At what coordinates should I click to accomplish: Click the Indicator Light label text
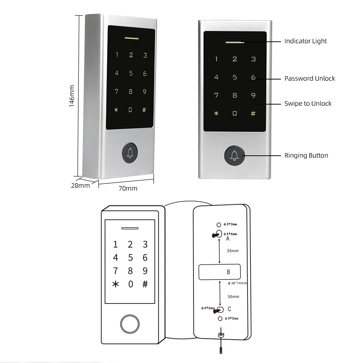click(305, 41)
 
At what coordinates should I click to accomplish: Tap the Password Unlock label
click(310, 78)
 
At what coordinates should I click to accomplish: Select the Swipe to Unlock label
click(308, 104)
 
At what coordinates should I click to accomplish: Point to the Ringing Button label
click(306, 156)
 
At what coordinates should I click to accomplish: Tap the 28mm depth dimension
click(80, 186)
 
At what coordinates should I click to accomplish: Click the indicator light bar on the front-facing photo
click(234, 41)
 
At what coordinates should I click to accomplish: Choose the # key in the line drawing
click(145, 284)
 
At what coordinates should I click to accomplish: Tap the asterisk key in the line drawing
click(115, 284)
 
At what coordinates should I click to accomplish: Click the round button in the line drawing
click(130, 323)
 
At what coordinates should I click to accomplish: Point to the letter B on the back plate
click(228, 272)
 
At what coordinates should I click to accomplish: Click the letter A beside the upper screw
click(228, 239)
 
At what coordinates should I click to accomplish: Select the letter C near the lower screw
click(229, 309)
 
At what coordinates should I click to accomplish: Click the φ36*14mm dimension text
click(237, 283)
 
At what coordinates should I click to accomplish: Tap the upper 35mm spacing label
click(233, 251)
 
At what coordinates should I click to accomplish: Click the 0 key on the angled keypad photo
click(130, 110)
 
